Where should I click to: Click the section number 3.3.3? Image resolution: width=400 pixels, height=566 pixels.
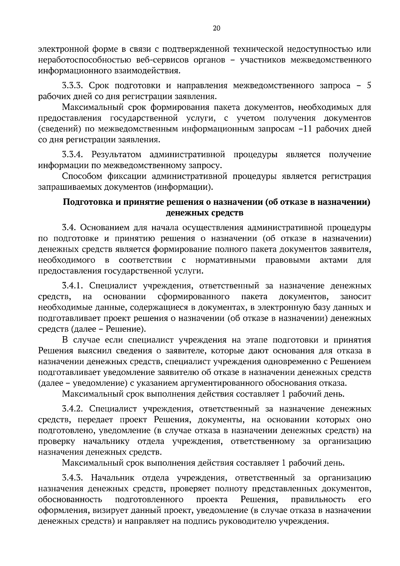coord(72,86)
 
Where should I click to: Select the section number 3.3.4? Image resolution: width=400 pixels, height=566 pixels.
coord(72,154)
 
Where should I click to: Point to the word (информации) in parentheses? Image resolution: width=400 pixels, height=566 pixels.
coord(183,187)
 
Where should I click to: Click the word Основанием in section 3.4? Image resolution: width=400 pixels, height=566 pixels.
coord(105,227)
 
